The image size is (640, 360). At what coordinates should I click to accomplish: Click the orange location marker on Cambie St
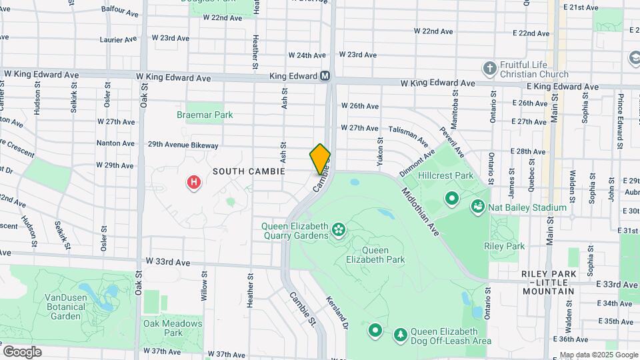pyautogui.click(x=321, y=159)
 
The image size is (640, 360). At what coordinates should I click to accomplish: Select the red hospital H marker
pyautogui.click(x=194, y=181)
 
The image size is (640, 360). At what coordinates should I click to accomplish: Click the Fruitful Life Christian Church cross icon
pyautogui.click(x=490, y=68)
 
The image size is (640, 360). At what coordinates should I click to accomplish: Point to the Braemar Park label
pyautogui.click(x=205, y=115)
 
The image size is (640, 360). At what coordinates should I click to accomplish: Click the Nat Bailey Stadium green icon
pyautogui.click(x=478, y=207)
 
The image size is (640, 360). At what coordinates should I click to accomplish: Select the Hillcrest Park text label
pyautogui.click(x=446, y=176)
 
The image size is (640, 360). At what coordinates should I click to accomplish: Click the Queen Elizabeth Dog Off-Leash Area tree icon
pyautogui.click(x=401, y=332)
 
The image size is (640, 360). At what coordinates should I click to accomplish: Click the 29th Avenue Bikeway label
pyautogui.click(x=183, y=145)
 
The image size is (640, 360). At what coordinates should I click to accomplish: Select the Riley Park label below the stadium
pyautogui.click(x=504, y=246)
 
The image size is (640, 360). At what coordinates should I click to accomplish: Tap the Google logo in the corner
pyautogui.click(x=22, y=352)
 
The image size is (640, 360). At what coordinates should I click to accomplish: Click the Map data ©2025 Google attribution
pyautogui.click(x=598, y=355)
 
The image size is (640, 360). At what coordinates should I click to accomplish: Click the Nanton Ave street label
pyautogui.click(x=115, y=143)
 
